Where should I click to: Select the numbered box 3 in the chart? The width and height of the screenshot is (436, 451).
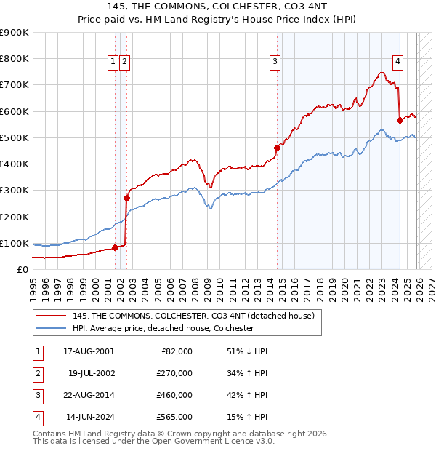(275, 63)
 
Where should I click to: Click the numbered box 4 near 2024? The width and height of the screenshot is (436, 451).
(398, 63)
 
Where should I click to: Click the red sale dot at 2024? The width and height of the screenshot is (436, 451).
(400, 120)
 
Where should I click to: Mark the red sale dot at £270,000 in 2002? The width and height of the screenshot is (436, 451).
(126, 197)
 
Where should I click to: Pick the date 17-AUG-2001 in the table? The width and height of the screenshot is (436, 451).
(88, 351)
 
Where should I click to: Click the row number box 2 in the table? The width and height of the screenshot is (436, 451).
(38, 372)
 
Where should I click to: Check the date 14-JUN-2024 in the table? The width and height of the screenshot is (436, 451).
(88, 417)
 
